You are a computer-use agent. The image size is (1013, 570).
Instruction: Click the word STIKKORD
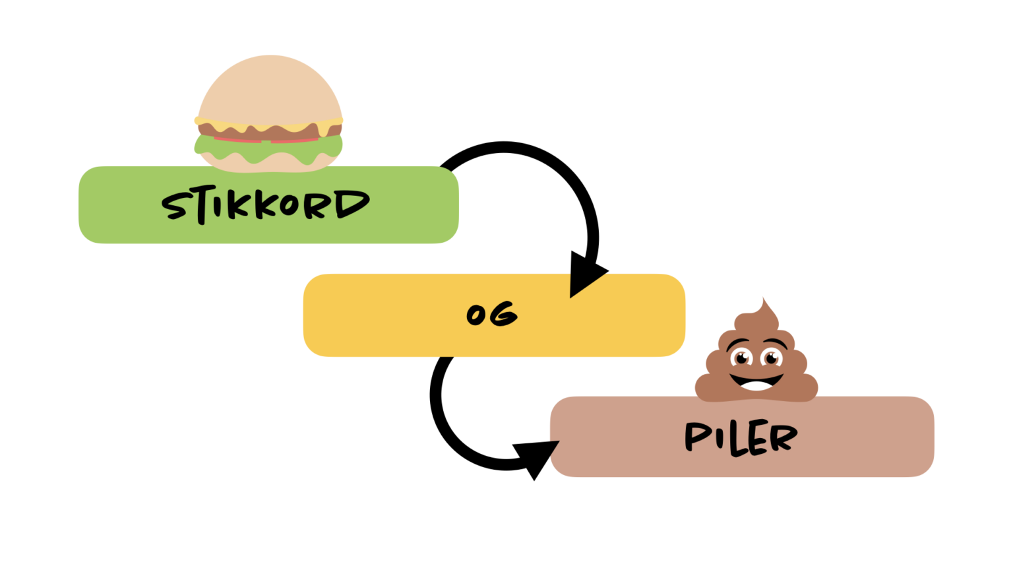tap(266, 205)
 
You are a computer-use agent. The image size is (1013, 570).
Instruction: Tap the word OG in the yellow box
tap(492, 314)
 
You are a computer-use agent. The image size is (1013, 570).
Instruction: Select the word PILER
tap(741, 437)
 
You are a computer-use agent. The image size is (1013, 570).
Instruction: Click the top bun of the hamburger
tap(270, 89)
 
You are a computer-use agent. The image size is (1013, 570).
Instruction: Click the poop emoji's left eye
tap(741, 358)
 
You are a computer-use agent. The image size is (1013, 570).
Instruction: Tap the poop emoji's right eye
tap(770, 358)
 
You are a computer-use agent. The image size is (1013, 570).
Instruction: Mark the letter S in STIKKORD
tap(175, 206)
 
